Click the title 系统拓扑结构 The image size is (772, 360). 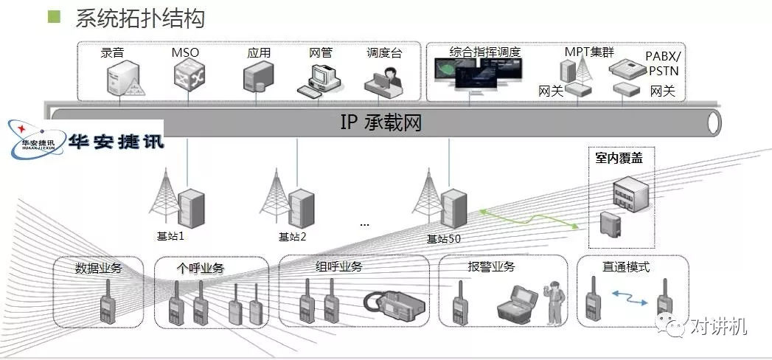[139, 18]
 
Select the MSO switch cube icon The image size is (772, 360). [188, 76]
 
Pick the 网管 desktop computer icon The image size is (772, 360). [319, 80]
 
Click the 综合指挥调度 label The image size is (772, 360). [484, 52]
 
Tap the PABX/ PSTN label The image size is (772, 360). [662, 64]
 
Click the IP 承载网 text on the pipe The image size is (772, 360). [380, 122]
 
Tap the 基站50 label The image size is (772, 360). [444, 238]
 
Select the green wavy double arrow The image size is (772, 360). [526, 219]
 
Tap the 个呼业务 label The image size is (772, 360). [200, 269]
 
